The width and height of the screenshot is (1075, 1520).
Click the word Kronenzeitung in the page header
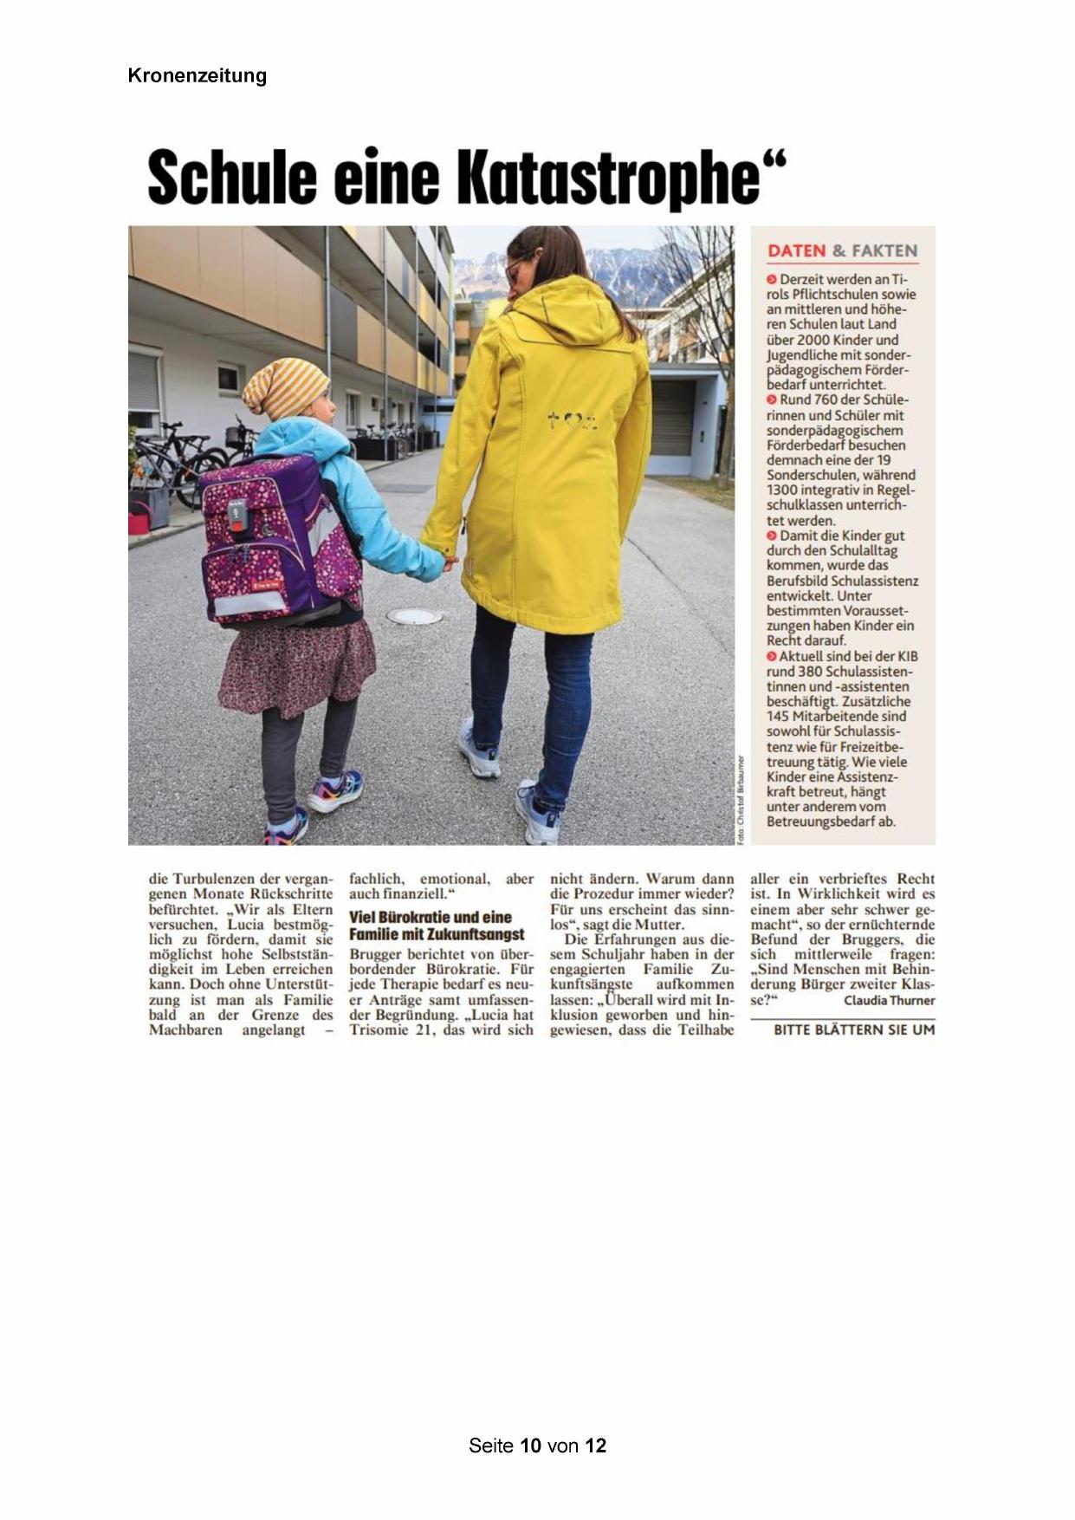pyautogui.click(x=197, y=76)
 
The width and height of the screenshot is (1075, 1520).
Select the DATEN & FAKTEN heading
pyautogui.click(x=842, y=251)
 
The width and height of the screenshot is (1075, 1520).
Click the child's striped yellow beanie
pyautogui.click(x=284, y=387)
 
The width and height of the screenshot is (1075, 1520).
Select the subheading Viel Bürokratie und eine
pyautogui.click(x=431, y=917)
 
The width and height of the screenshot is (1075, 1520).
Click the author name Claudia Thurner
pyautogui.click(x=889, y=1000)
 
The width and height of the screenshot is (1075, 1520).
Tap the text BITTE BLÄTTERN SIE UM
pyautogui.click(x=853, y=1030)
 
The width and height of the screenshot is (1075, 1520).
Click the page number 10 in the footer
pyautogui.click(x=531, y=1445)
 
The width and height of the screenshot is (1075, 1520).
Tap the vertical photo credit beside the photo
pyautogui.click(x=741, y=797)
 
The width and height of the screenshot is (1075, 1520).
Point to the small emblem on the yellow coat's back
pyautogui.click(x=573, y=422)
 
